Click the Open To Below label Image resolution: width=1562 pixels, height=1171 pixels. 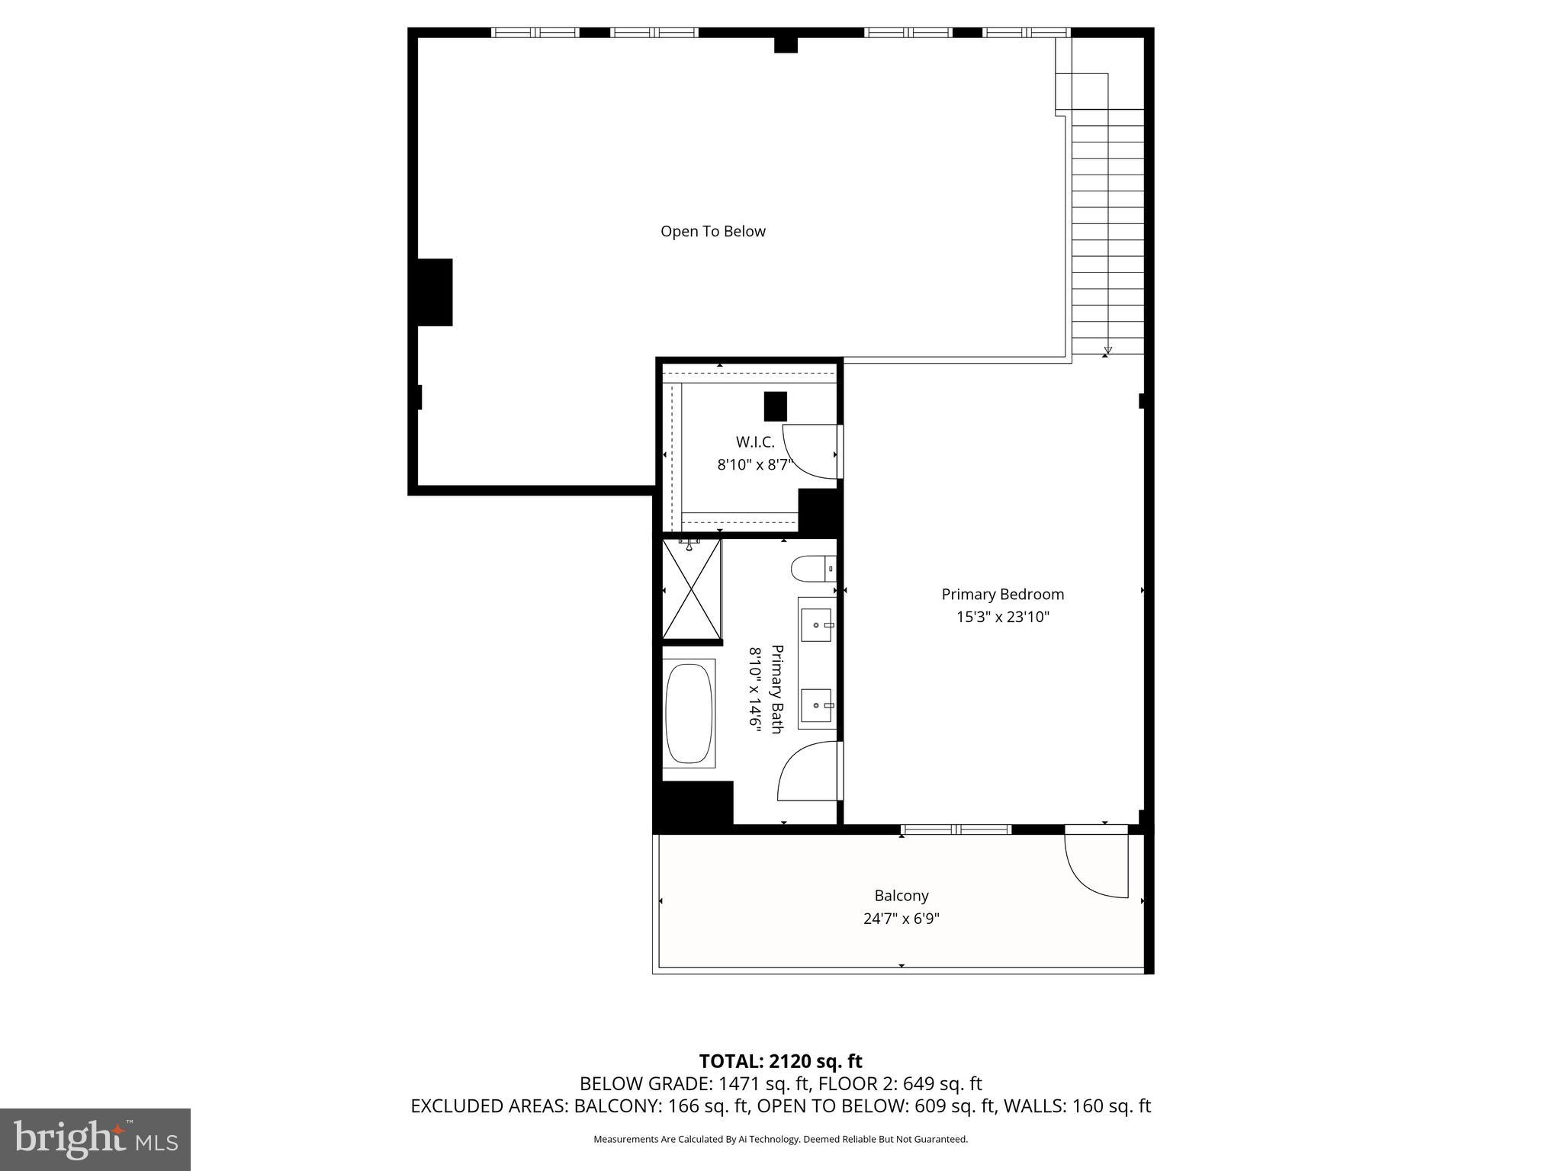coord(712,231)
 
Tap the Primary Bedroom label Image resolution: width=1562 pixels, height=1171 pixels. coord(1002,594)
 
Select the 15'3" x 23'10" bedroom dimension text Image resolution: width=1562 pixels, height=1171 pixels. coord(1002,617)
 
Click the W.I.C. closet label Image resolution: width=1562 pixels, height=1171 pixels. coord(755,441)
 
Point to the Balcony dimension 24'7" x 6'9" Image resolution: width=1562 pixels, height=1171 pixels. coord(901,919)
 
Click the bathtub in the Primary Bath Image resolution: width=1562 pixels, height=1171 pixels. coord(689,713)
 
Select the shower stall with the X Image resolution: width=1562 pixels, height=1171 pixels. coord(691,589)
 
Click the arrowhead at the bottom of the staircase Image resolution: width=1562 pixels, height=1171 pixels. coord(1107,351)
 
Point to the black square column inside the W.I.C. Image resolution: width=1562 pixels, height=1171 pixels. coord(775,406)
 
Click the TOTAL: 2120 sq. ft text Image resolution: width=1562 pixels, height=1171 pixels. coord(780,1061)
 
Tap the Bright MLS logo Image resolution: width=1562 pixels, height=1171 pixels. coord(95,1139)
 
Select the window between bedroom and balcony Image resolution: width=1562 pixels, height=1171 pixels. coord(956,829)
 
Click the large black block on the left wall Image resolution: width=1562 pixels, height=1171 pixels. coord(435,292)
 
